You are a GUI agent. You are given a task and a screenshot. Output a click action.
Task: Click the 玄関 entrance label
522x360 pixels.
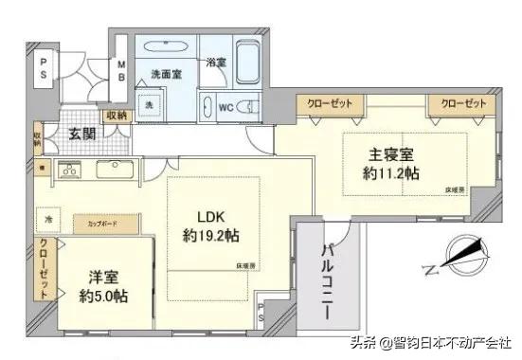(x=82, y=135)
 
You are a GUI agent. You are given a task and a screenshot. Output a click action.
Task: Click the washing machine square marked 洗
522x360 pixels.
(x=148, y=104)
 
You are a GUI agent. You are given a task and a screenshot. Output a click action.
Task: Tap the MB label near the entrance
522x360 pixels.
(x=121, y=71)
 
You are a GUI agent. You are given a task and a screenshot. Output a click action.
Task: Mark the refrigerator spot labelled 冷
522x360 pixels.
(x=48, y=220)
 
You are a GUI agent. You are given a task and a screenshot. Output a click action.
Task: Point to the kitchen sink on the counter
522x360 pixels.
(x=112, y=171)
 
